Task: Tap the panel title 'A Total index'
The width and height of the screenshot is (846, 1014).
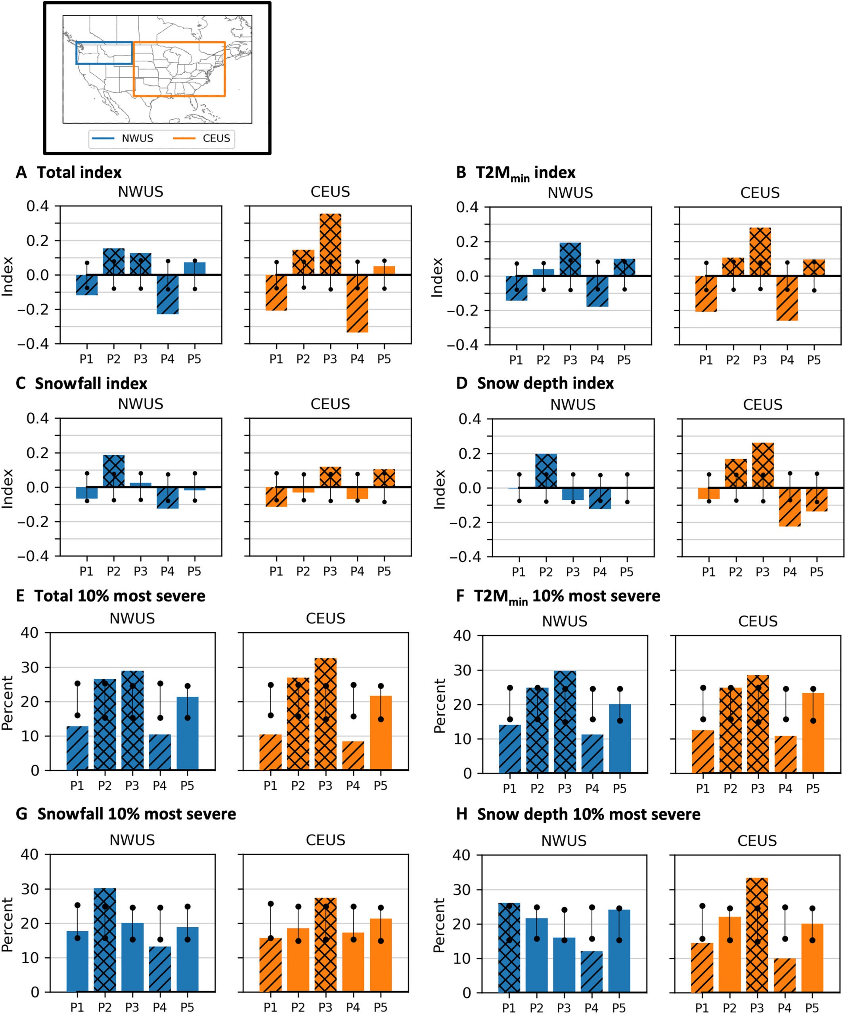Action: point(69,172)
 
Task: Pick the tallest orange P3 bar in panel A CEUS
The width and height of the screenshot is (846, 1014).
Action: point(330,244)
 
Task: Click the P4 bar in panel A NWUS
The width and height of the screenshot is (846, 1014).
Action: point(167,295)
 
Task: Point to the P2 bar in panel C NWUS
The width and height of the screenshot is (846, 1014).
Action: point(113,471)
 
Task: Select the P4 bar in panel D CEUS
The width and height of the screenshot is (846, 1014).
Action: point(789,507)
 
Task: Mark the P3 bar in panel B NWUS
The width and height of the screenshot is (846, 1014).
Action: point(570,259)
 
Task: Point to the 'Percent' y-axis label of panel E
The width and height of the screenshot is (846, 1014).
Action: point(7,703)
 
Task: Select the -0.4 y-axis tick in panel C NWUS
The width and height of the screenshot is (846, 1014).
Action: point(33,556)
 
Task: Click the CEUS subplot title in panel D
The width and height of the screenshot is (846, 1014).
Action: point(762,405)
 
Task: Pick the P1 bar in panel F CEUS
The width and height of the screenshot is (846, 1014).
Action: point(702,752)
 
